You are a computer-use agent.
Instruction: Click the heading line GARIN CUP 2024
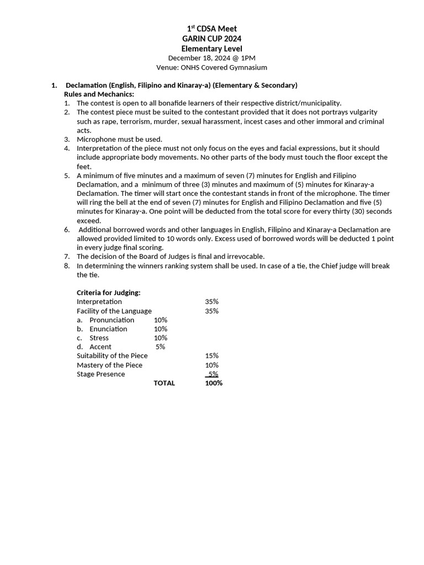(212, 39)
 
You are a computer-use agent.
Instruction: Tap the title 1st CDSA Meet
(212, 29)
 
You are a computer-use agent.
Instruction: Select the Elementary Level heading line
(212, 49)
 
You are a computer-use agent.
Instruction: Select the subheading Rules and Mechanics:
(99, 94)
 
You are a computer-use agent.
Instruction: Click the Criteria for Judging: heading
(108, 292)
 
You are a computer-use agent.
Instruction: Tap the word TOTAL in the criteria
(164, 383)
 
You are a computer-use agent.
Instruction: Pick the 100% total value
(213, 383)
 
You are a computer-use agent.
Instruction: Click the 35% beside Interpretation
(211, 302)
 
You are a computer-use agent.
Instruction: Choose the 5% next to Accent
(160, 347)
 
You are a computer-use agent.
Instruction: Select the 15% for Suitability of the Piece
(211, 356)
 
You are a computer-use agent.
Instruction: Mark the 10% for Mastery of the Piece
(211, 365)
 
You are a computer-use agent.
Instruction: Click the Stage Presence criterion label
(100, 374)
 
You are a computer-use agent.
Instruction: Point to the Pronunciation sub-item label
(112, 320)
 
